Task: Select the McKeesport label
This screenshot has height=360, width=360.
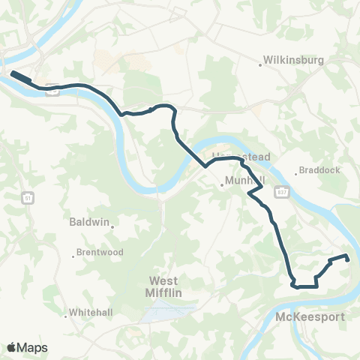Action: point(310,317)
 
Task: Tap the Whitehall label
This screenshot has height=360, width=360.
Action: point(90,312)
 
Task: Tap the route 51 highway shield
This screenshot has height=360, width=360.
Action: point(28,197)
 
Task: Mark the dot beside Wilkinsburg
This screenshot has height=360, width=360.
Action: point(260,64)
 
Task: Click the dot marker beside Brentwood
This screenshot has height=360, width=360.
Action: point(75,253)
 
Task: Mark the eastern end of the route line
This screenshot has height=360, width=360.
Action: point(348,258)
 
